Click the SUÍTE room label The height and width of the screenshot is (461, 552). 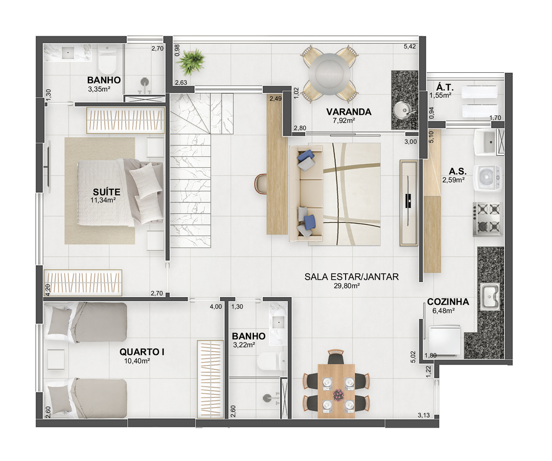pos(106,192)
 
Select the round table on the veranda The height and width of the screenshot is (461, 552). pos(329,74)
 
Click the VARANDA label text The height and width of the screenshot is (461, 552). pos(349,112)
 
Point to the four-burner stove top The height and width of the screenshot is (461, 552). pos(487,219)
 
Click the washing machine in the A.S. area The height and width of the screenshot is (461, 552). pos(488,178)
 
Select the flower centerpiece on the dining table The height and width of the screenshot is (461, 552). pos(338,395)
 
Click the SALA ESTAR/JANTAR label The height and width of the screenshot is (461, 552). pos(351,277)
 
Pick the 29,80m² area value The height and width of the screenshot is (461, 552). pos(347,286)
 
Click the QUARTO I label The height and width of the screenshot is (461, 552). pos(142,352)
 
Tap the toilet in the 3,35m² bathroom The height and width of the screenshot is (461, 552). pos(107,60)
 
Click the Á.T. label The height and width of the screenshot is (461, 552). pos(445,87)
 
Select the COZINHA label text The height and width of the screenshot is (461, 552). pos(448,302)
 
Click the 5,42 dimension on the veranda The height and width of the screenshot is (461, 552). pos(410,46)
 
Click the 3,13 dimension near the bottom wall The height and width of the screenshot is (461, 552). pos(424,415)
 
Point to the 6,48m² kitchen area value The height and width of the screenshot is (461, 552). pos(443,311)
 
